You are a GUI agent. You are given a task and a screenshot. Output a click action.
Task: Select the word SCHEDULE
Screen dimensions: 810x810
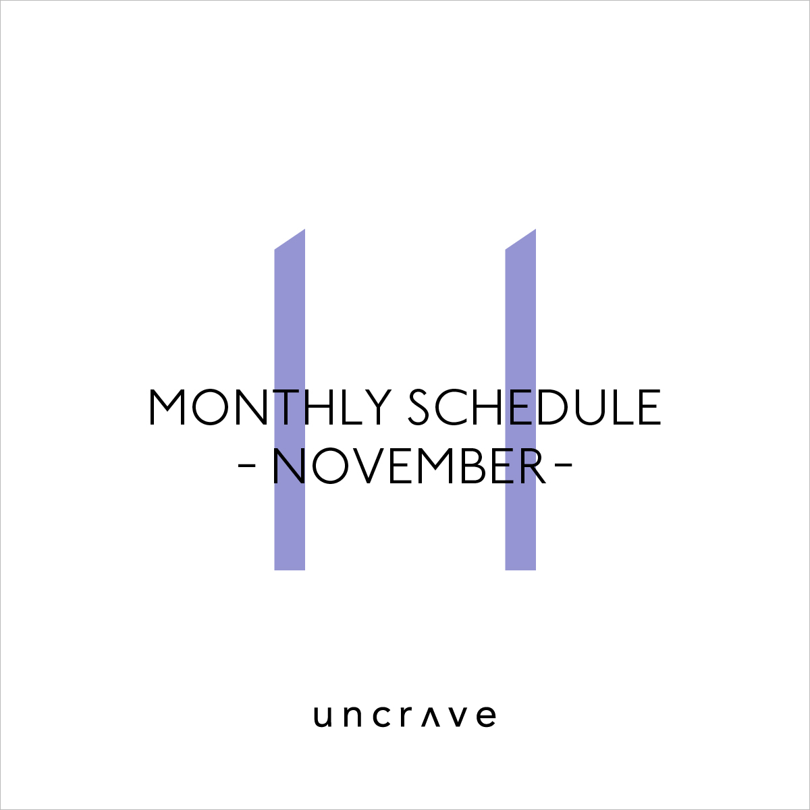click(535, 407)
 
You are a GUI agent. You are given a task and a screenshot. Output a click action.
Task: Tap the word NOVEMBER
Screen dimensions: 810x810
click(409, 466)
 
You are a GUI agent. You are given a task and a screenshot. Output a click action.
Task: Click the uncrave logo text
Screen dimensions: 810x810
click(405, 716)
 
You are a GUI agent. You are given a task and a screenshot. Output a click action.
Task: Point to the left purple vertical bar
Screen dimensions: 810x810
click(290, 400)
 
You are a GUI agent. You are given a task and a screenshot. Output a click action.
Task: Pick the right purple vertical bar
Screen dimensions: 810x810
click(520, 400)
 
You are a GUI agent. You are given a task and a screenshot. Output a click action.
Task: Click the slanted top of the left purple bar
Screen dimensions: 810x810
click(290, 239)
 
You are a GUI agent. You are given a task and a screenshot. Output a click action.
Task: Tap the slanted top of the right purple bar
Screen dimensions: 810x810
click(520, 239)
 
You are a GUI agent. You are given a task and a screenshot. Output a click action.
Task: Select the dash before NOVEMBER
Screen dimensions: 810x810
click(247, 465)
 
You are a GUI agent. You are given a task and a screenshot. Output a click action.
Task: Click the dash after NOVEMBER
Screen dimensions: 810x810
click(563, 465)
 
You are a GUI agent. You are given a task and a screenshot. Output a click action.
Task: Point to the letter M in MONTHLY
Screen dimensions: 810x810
click(167, 407)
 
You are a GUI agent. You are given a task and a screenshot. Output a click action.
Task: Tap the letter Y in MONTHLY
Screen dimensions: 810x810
click(377, 407)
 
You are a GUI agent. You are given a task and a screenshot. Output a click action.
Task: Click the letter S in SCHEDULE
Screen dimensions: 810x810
click(418, 407)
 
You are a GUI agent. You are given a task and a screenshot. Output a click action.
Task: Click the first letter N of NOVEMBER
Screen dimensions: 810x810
click(288, 466)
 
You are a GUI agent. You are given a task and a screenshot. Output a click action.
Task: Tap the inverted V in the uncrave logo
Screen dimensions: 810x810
click(431, 717)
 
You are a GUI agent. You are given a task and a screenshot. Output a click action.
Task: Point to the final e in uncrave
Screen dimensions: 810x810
click(487, 717)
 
